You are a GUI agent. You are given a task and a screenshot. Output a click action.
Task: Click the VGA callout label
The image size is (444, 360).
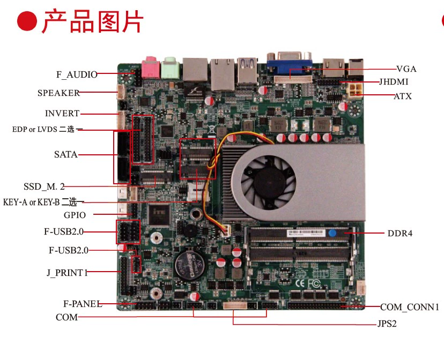[406, 69]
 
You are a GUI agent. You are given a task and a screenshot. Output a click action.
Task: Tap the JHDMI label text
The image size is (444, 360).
[394, 82]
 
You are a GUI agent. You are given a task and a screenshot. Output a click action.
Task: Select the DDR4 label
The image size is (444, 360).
[400, 234]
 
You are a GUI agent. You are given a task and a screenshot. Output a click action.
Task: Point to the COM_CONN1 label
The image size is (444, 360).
[410, 307]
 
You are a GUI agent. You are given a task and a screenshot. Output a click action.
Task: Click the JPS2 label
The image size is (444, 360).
[387, 324]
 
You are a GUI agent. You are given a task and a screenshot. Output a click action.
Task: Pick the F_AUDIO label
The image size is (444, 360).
[77, 74]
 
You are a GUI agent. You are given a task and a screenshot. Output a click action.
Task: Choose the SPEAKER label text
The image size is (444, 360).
[58, 93]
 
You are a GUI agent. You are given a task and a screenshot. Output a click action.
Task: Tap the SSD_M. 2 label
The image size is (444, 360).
[44, 186]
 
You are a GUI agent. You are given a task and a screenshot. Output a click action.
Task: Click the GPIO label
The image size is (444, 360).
[75, 215]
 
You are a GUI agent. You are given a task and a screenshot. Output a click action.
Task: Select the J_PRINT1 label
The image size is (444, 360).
[67, 273]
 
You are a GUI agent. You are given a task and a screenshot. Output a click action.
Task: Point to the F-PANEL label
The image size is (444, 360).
[83, 304]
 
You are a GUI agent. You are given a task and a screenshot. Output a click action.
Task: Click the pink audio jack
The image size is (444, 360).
[150, 67]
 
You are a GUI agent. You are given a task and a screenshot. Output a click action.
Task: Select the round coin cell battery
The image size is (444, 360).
[190, 265]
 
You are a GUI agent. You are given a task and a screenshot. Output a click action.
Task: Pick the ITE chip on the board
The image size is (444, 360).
[159, 215]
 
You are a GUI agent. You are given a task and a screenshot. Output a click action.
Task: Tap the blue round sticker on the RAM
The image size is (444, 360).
[332, 233]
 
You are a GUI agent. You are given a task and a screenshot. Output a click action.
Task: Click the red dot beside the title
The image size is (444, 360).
[27, 21]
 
